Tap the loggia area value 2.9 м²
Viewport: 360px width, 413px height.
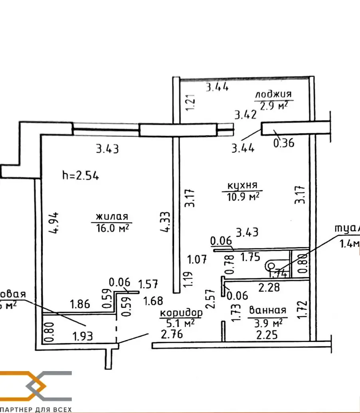pos(274,106)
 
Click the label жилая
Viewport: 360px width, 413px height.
pos(112,217)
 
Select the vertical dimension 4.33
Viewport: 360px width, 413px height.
pos(166,221)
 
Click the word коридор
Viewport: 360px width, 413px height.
pos(180,313)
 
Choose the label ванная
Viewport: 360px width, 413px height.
pos(267,310)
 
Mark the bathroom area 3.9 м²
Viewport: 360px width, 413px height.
pos(268,322)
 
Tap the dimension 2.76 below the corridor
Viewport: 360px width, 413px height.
pos(172,334)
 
